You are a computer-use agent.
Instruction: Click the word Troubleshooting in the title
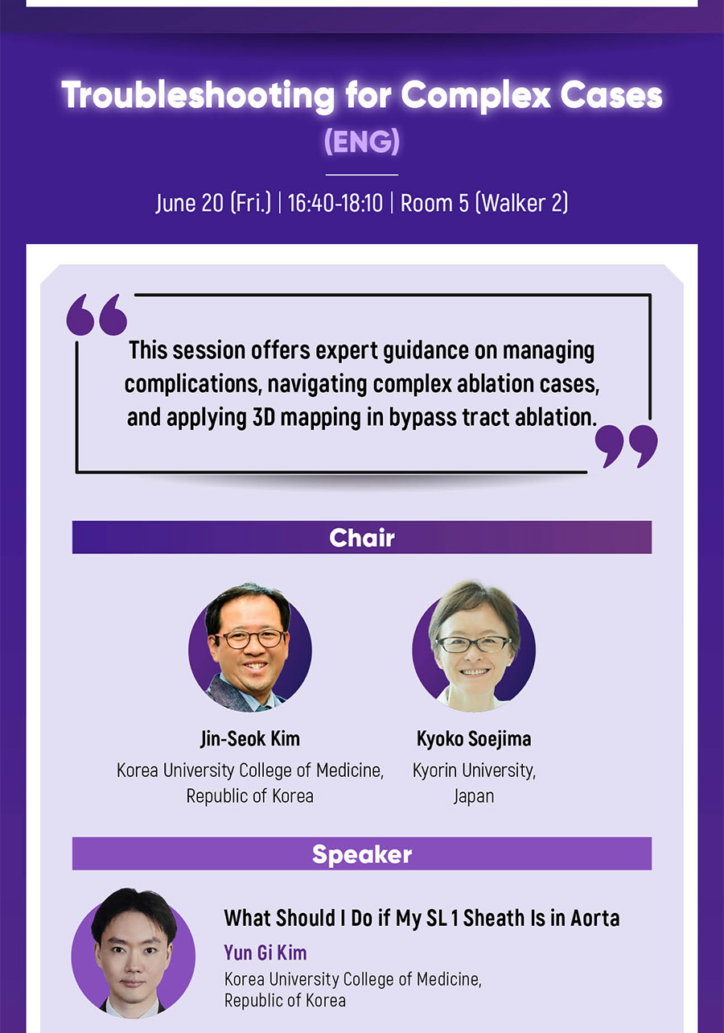click(198, 96)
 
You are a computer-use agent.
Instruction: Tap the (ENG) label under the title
click(362, 141)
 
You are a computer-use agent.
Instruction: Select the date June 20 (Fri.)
click(213, 203)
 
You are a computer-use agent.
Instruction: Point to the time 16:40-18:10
click(335, 203)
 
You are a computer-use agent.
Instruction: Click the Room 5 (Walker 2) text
click(484, 203)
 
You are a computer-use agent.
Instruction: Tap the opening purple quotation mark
click(97, 314)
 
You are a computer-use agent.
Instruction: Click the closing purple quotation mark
click(627, 446)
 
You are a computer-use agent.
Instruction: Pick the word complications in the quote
click(193, 384)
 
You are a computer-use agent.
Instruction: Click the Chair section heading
click(362, 537)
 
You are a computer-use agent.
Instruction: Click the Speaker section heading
click(362, 853)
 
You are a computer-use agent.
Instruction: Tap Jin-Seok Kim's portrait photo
click(250, 647)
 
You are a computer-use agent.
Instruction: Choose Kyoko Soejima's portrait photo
click(474, 646)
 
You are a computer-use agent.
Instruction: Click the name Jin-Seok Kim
click(250, 738)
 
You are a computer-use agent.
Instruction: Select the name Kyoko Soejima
click(474, 739)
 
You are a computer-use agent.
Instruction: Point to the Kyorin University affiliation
click(474, 771)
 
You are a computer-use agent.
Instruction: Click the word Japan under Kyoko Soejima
click(474, 796)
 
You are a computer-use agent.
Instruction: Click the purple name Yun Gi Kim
click(265, 952)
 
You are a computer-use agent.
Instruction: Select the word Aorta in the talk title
click(595, 918)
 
